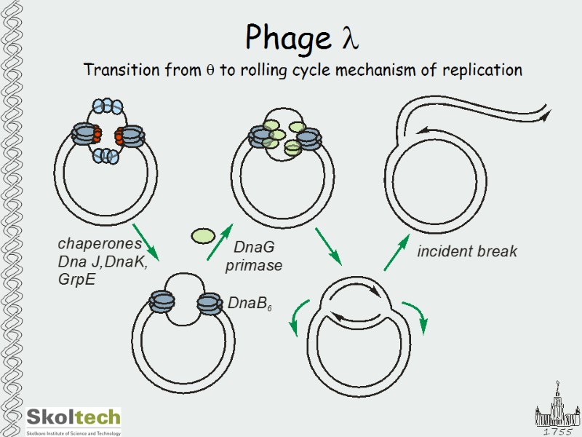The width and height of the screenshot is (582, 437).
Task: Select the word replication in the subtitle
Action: click(x=480, y=71)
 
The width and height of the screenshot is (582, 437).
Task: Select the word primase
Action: click(x=253, y=266)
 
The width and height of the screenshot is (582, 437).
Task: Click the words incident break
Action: click(x=466, y=252)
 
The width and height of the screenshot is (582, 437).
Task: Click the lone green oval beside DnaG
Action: click(x=203, y=235)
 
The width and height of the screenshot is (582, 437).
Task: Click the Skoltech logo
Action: click(x=73, y=418)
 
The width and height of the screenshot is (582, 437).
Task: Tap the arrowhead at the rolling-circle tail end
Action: click(x=545, y=114)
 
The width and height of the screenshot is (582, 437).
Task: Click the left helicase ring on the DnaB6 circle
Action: click(x=161, y=302)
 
